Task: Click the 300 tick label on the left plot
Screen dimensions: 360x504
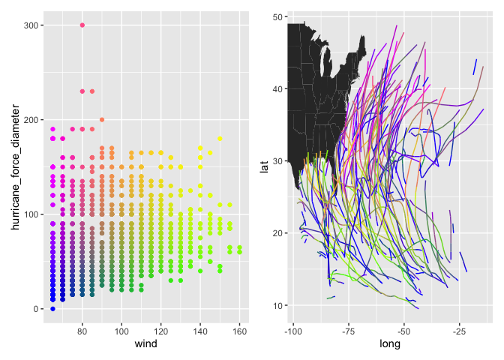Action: [32, 25]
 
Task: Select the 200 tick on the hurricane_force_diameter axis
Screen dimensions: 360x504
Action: [32, 120]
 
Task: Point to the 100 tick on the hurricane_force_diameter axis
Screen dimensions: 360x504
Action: [32, 214]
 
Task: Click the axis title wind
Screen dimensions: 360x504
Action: [145, 344]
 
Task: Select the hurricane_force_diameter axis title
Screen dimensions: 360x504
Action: [10, 166]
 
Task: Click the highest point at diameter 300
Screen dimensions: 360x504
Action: [82, 25]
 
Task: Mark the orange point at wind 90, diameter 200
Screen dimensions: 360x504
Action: [102, 120]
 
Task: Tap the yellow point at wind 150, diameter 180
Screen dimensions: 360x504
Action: [220, 139]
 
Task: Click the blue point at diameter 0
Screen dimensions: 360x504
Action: [52, 309]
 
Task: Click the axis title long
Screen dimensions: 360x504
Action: [390, 344]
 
